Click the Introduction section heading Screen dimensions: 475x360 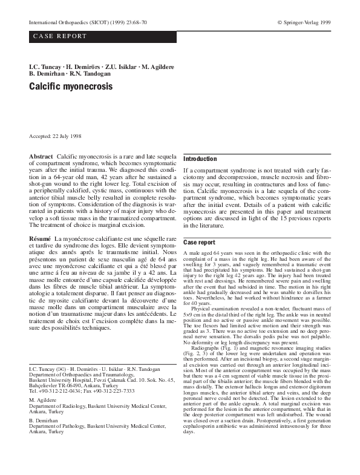[200, 159]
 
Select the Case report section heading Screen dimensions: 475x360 [199, 242]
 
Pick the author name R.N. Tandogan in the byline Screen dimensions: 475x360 [94, 73]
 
